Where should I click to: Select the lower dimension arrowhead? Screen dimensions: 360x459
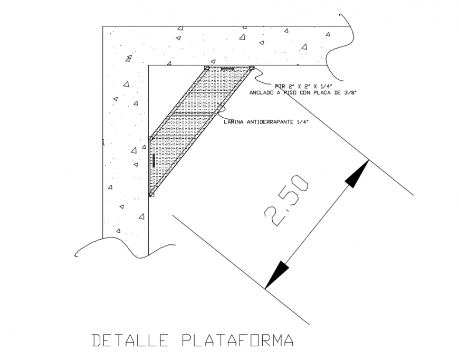tap(278, 274)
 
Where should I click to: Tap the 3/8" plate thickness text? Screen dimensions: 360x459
tap(349, 92)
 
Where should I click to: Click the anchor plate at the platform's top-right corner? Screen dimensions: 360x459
tap(252, 68)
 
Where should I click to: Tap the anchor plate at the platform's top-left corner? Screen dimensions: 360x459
tap(207, 68)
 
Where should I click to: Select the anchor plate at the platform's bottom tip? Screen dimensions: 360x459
tap(151, 195)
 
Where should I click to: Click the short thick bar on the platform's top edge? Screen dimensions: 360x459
tap(228, 69)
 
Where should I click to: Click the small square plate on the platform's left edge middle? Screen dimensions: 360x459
tap(150, 138)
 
